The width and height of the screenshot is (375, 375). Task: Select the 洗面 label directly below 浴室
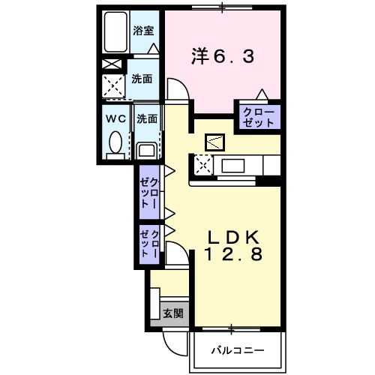click(142, 78)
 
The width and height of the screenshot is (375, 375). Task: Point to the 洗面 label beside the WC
click(147, 118)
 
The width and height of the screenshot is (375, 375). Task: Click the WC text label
click(116, 118)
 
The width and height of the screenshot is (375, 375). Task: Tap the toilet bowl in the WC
click(115, 140)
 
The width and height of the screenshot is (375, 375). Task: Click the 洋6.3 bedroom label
click(221, 55)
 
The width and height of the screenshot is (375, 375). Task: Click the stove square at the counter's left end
click(202, 163)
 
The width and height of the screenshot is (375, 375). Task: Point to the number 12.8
click(234, 256)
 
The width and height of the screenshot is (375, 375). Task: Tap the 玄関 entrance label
click(172, 313)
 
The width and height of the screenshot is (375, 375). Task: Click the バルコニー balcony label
click(236, 349)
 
